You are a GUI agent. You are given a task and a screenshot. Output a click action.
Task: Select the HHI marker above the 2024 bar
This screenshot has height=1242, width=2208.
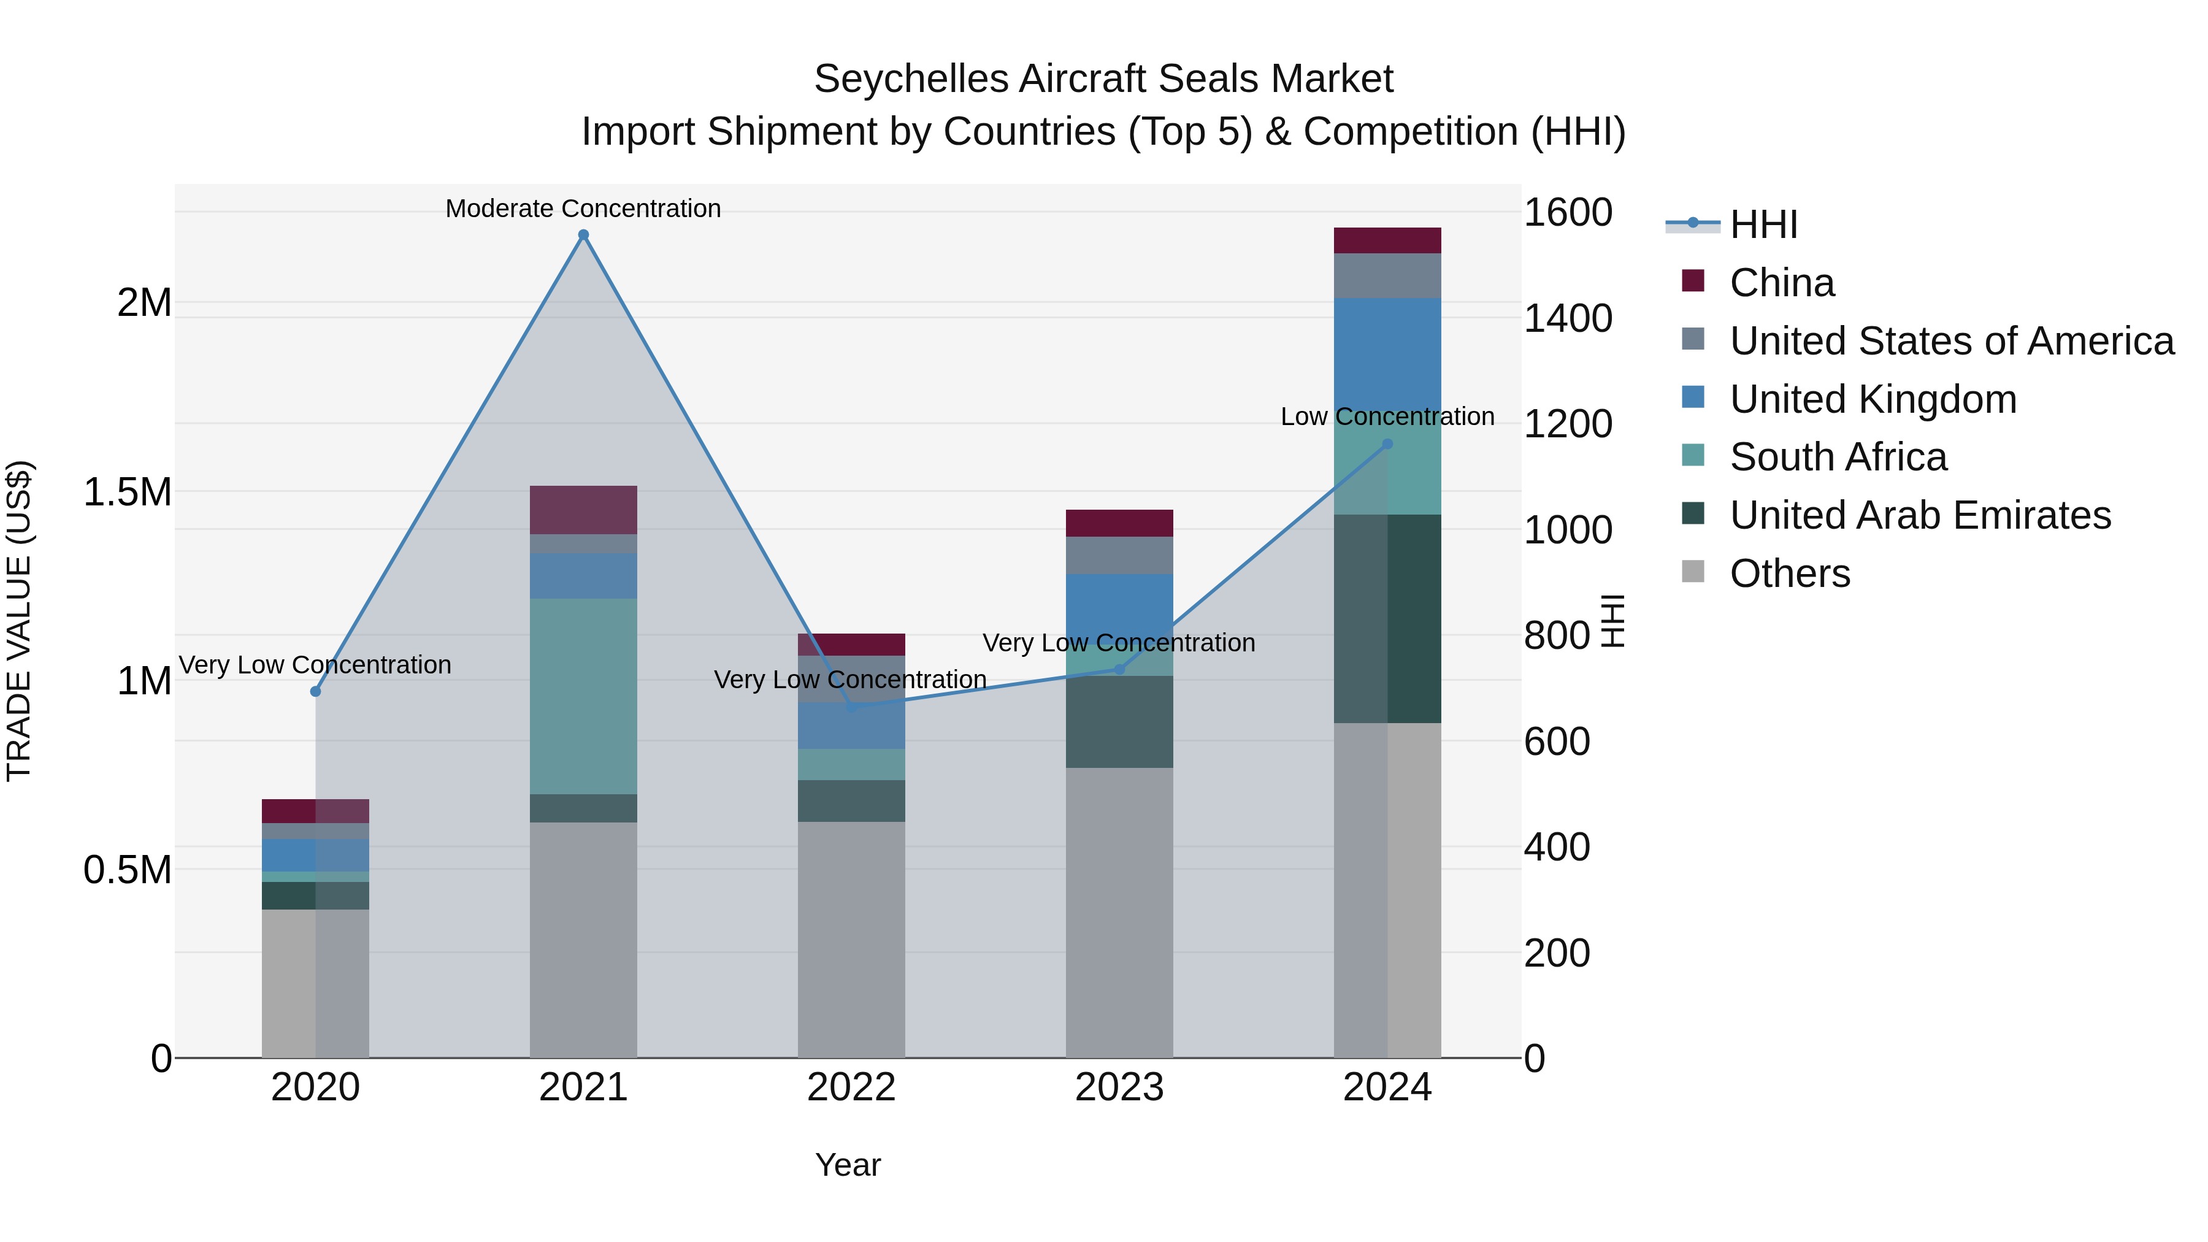tap(1388, 444)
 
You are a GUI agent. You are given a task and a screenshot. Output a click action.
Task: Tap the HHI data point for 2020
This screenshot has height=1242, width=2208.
tap(315, 691)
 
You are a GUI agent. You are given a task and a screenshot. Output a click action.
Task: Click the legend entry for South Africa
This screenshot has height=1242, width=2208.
tap(1838, 457)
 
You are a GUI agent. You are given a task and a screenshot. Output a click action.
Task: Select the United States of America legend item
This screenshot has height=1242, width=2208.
tap(1951, 341)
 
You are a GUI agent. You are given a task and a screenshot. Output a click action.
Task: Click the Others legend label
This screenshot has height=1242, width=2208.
tap(1790, 573)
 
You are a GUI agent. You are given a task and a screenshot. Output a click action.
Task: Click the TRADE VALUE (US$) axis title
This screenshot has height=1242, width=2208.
tap(19, 621)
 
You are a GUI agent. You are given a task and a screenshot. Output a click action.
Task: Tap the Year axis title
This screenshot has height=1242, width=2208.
tap(848, 1165)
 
